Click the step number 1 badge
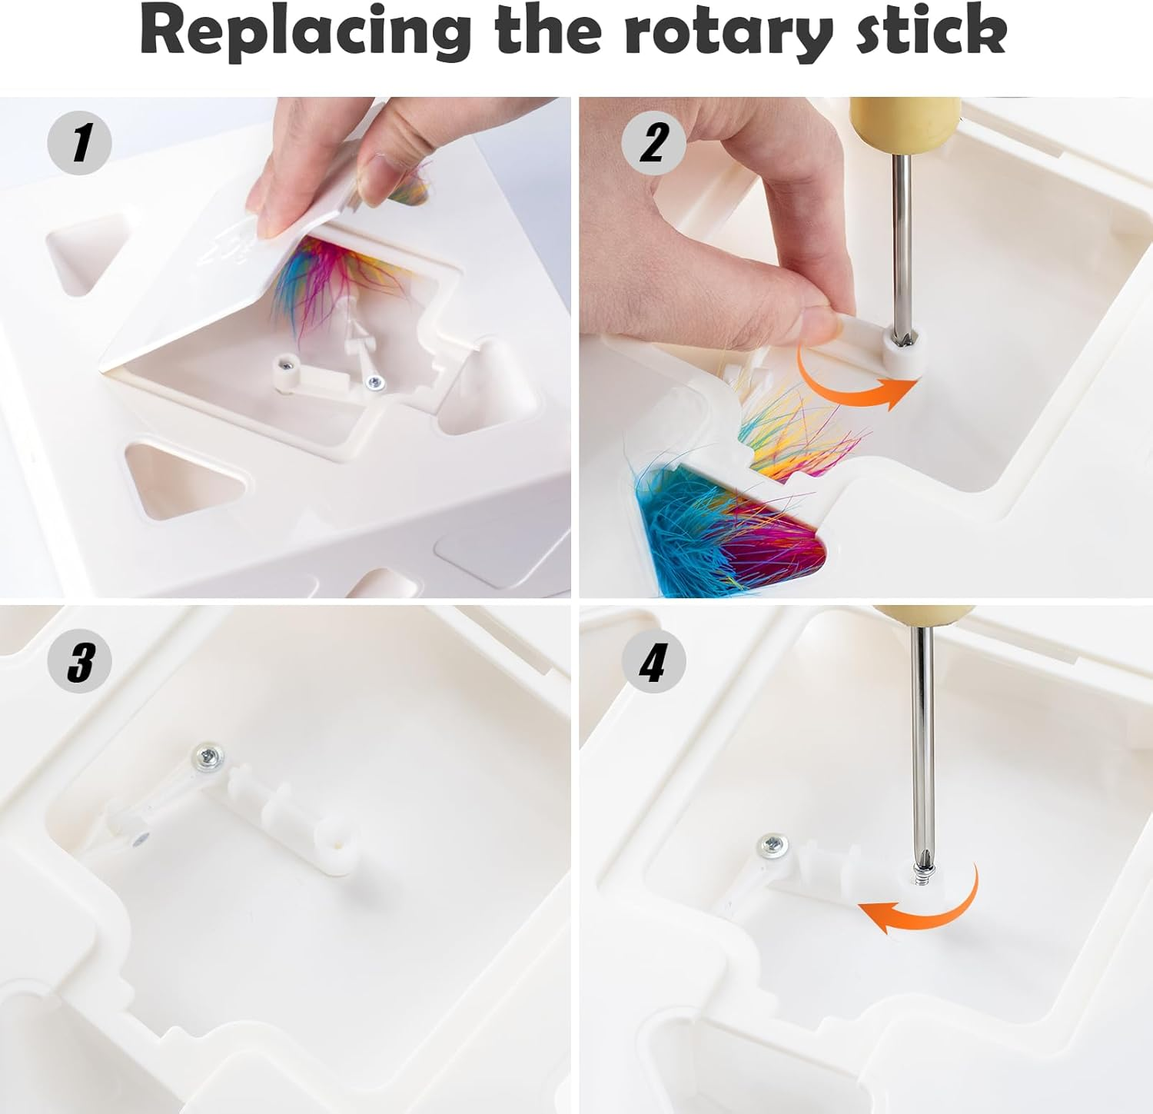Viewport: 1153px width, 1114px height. click(x=80, y=143)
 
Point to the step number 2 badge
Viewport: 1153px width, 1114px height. click(x=653, y=143)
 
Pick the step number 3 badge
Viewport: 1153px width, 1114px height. click(x=80, y=660)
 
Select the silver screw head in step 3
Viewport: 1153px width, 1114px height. click(x=208, y=757)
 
